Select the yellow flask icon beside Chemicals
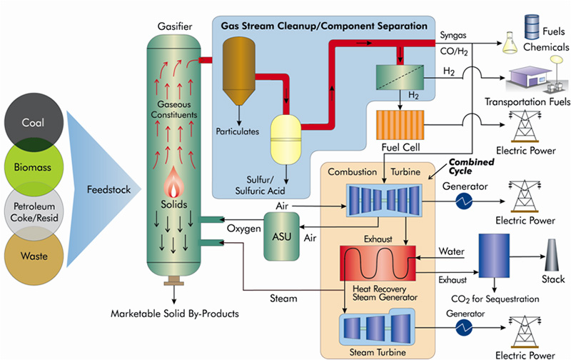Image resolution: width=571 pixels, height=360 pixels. pyautogui.click(x=511, y=42)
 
